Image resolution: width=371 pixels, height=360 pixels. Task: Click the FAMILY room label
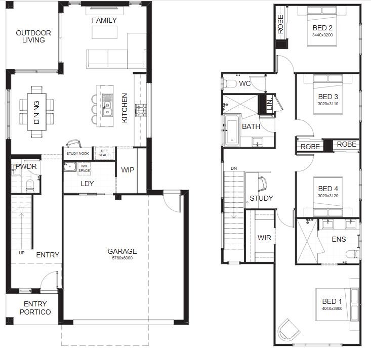click(x=104, y=20)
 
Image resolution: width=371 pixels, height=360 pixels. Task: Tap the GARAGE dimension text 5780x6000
click(x=122, y=258)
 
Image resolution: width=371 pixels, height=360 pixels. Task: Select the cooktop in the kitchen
click(x=141, y=110)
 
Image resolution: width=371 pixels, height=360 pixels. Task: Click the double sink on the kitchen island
click(x=107, y=105)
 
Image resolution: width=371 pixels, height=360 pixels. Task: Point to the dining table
click(x=36, y=112)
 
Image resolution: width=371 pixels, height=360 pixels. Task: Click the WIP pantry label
click(x=128, y=170)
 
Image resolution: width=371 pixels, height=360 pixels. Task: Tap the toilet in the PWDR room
click(x=30, y=186)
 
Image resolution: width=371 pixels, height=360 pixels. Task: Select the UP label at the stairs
click(x=22, y=253)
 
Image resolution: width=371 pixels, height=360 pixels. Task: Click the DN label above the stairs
click(x=234, y=168)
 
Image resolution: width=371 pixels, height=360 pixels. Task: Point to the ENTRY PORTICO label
click(x=35, y=308)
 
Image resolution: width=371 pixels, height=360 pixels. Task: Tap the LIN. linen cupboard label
click(x=269, y=104)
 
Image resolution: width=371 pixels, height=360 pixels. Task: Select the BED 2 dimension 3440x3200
click(x=322, y=35)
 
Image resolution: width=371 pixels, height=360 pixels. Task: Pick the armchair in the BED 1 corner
click(x=288, y=330)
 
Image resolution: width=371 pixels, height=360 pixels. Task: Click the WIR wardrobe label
click(x=264, y=238)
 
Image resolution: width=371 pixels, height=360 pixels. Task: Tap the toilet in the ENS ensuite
click(x=353, y=254)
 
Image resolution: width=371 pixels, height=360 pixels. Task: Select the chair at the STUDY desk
click(x=263, y=184)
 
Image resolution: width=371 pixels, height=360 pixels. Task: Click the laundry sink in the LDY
click(x=70, y=166)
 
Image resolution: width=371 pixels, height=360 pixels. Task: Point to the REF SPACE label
click(x=104, y=153)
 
